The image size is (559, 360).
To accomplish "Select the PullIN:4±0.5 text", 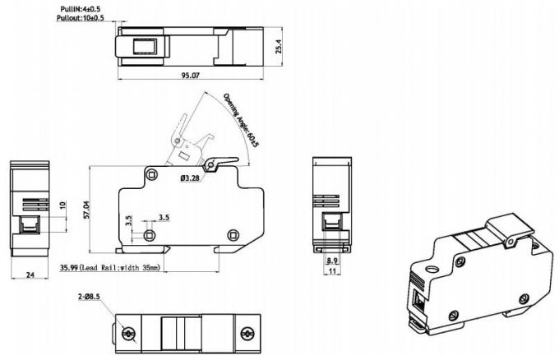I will [81, 8].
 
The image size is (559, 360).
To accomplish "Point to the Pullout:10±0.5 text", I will [81, 18].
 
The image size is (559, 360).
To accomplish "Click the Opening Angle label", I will [242, 119].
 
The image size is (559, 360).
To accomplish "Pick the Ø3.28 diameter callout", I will [191, 177].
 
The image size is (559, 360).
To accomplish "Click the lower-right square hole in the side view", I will [233, 236].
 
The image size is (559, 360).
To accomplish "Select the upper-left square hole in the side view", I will [151, 172].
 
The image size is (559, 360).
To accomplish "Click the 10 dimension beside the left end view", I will [62, 205].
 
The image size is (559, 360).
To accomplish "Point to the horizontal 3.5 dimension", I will [164, 218].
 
